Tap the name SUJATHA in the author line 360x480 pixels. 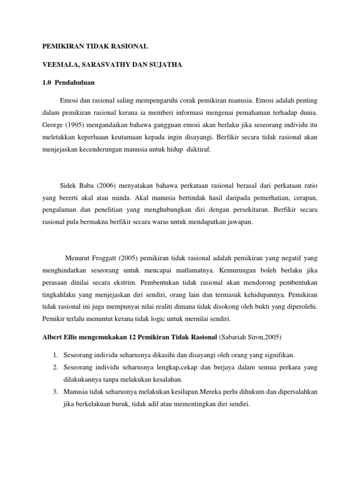(x=165, y=65)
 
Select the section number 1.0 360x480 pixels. (x=47, y=82)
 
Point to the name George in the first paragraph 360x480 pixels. (x=53, y=126)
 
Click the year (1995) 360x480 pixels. (x=76, y=126)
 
